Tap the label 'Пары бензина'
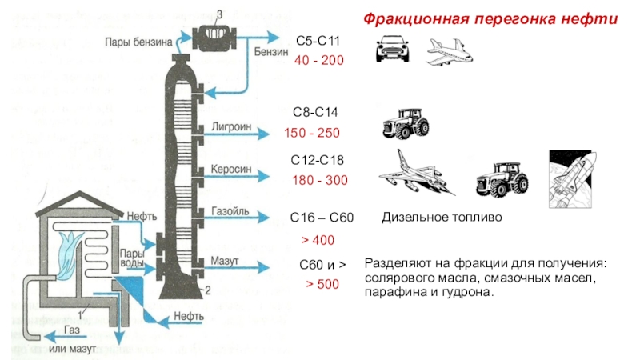pos(137,42)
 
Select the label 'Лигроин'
pos(231,126)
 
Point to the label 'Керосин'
pos(231,170)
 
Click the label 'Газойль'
pos(230,214)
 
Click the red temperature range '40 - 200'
pos(319,61)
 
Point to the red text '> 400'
pos(317,240)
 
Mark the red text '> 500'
pos(322,285)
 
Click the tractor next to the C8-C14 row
pos(404,123)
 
